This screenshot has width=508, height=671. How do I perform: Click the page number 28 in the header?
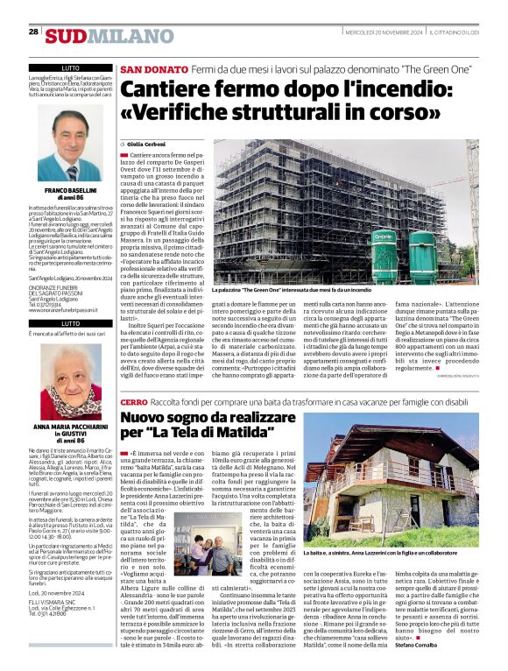tap(33, 32)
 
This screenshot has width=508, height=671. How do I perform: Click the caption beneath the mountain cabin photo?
tap(406, 554)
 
